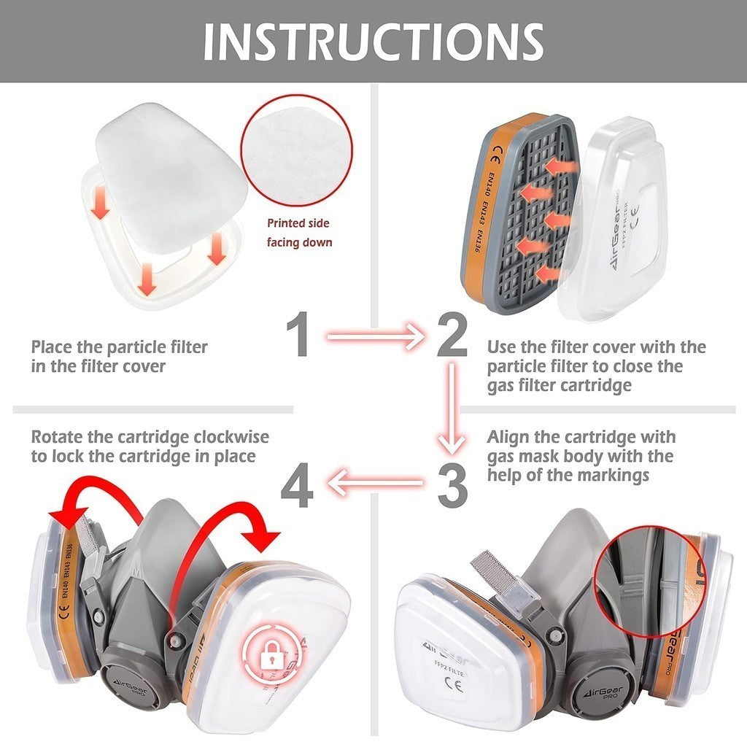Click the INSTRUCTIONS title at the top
point(373,41)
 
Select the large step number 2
point(452,336)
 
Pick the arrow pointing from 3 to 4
point(375,482)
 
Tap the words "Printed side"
point(298,223)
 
